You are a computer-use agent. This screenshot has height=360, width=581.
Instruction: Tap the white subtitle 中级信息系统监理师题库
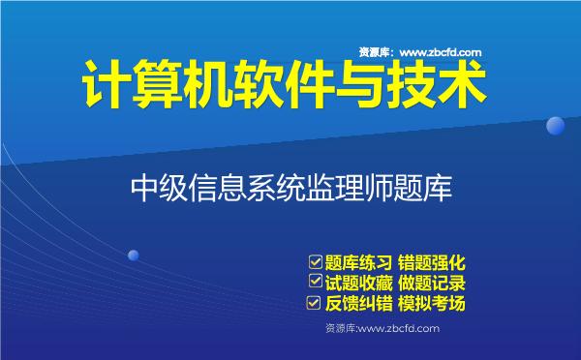(290, 187)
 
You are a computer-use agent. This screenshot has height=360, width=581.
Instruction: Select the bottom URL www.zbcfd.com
(398, 330)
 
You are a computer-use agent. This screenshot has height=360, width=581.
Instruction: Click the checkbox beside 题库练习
(314, 261)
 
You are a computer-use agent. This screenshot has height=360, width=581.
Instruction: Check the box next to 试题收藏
(314, 282)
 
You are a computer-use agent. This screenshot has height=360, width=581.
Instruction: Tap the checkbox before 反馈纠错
(314, 303)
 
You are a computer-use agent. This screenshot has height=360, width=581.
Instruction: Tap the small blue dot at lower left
(134, 255)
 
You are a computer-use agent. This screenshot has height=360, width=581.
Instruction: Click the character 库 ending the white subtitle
(437, 187)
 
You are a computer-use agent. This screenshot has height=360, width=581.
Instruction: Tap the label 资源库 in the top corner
(375, 52)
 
